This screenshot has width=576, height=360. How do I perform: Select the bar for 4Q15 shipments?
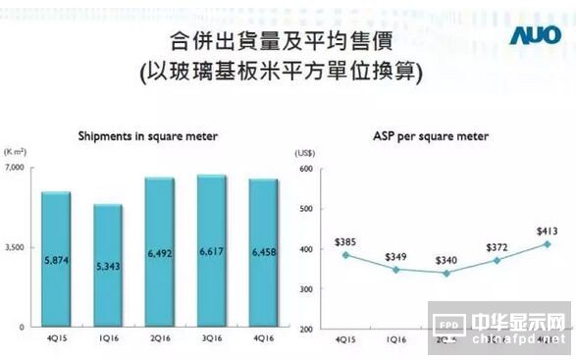[56, 259]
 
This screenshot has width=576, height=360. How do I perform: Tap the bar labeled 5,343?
[108, 265]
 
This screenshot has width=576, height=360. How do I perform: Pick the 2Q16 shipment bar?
[159, 252]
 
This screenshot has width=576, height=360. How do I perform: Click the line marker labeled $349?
[394, 269]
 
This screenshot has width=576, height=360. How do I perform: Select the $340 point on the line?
[445, 273]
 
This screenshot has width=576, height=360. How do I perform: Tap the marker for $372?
[497, 260]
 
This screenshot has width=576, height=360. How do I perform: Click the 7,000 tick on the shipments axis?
[20, 169]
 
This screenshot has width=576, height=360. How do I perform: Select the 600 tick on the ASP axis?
[304, 169]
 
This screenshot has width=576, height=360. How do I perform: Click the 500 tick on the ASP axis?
[304, 209]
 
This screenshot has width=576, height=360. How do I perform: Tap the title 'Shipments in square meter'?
[147, 135]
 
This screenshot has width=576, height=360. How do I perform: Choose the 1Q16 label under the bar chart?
[108, 339]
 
